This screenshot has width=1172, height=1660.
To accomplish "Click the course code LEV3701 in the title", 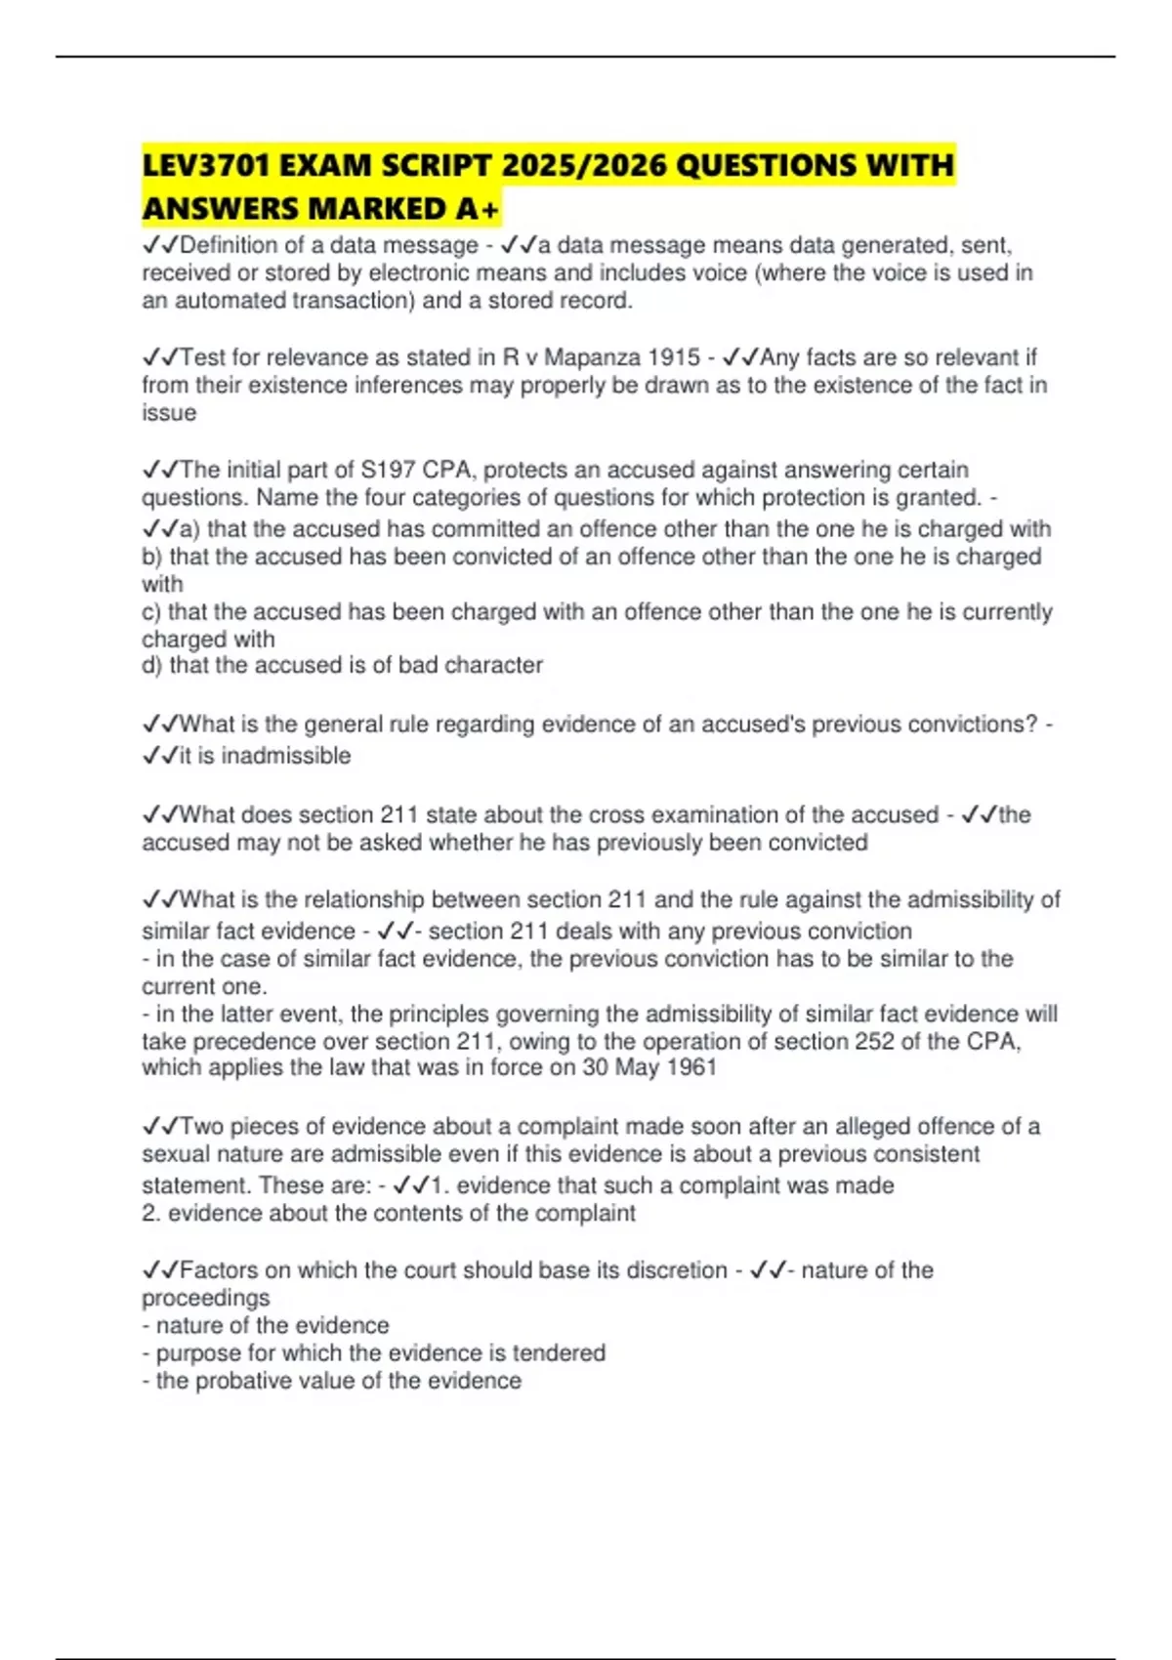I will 205,165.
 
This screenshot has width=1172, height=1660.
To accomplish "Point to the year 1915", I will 674,357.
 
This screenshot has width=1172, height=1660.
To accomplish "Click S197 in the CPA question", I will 388,470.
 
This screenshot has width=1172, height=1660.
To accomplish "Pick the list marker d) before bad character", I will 152,665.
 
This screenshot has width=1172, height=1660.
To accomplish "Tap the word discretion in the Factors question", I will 676,1270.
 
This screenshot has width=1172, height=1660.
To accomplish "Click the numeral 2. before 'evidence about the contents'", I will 151,1214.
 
